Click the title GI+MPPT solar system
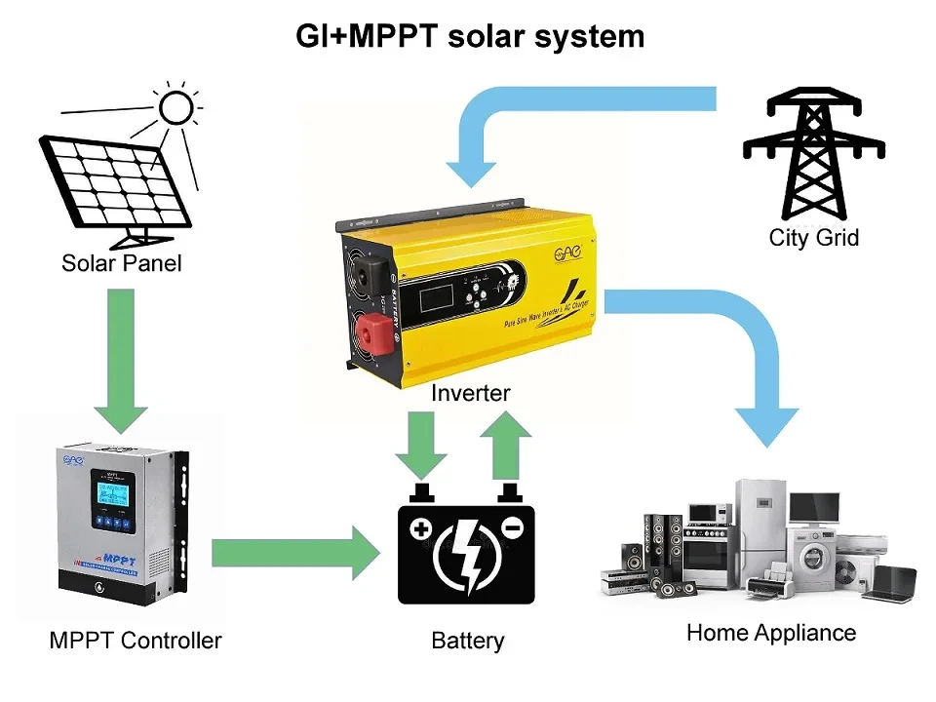click(x=470, y=37)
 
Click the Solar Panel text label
click(x=121, y=263)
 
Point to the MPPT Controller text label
click(x=136, y=641)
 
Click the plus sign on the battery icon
click(x=420, y=529)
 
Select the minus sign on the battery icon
click(x=514, y=528)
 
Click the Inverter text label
click(x=470, y=393)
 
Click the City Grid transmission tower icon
click(x=813, y=152)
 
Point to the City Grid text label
click(x=813, y=237)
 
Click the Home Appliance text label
click(x=770, y=633)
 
